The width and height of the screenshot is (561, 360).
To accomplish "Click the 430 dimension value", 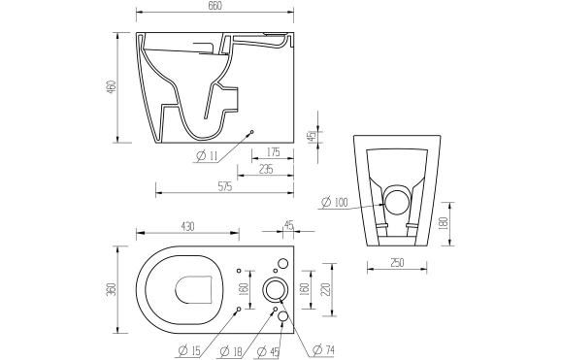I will click(187, 226).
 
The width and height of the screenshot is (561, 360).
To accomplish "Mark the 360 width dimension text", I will click(111, 290).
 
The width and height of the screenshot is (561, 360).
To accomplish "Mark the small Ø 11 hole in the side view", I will click(252, 132).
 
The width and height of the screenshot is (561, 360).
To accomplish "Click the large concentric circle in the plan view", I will click(276, 289).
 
